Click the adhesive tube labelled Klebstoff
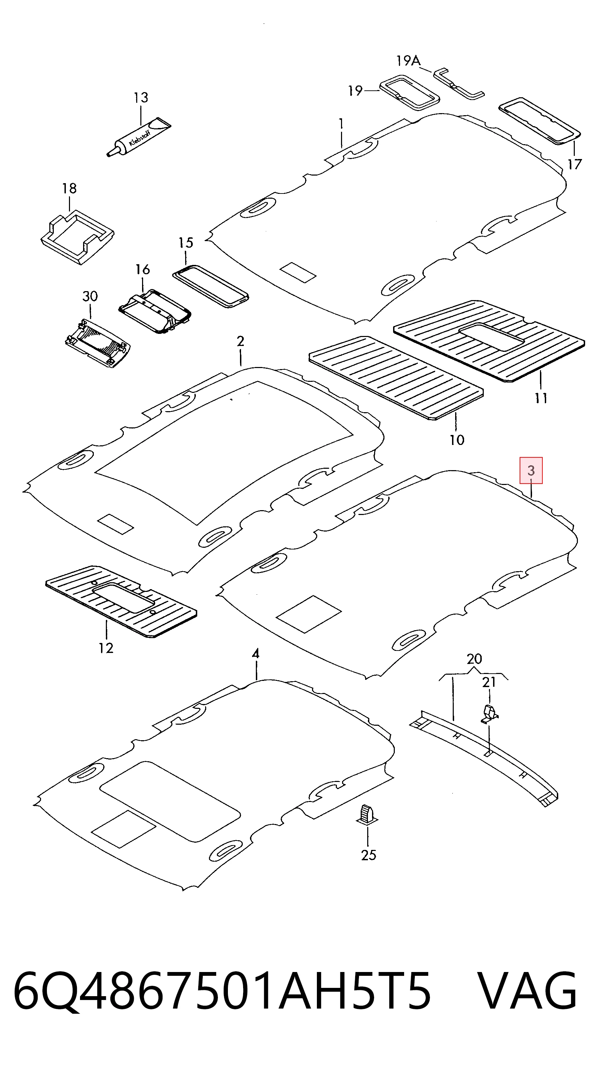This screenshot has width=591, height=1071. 139,137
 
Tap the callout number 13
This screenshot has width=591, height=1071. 141,98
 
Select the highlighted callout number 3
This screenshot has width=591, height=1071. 531,470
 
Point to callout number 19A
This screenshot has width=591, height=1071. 409,61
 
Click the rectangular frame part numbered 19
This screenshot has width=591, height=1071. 410,93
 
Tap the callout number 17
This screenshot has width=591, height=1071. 574,165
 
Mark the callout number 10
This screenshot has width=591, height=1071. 457,440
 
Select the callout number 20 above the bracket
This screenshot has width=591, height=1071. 474,659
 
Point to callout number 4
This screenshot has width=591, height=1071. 256,654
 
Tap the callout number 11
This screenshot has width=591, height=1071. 540,398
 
